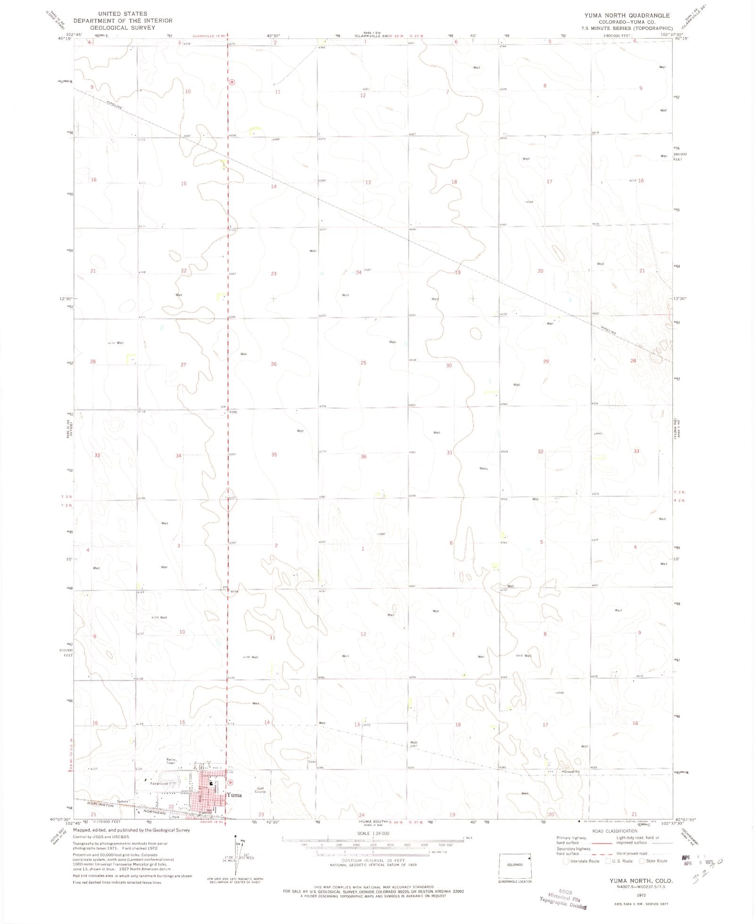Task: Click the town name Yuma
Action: [x=234, y=795]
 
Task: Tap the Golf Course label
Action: [x=261, y=790]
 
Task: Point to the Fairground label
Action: [x=159, y=784]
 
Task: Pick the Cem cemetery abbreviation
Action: [x=311, y=774]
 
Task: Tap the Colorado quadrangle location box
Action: [x=515, y=864]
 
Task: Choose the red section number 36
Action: [x=363, y=456]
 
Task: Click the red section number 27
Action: [x=184, y=364]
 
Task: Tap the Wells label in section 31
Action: [x=483, y=469]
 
